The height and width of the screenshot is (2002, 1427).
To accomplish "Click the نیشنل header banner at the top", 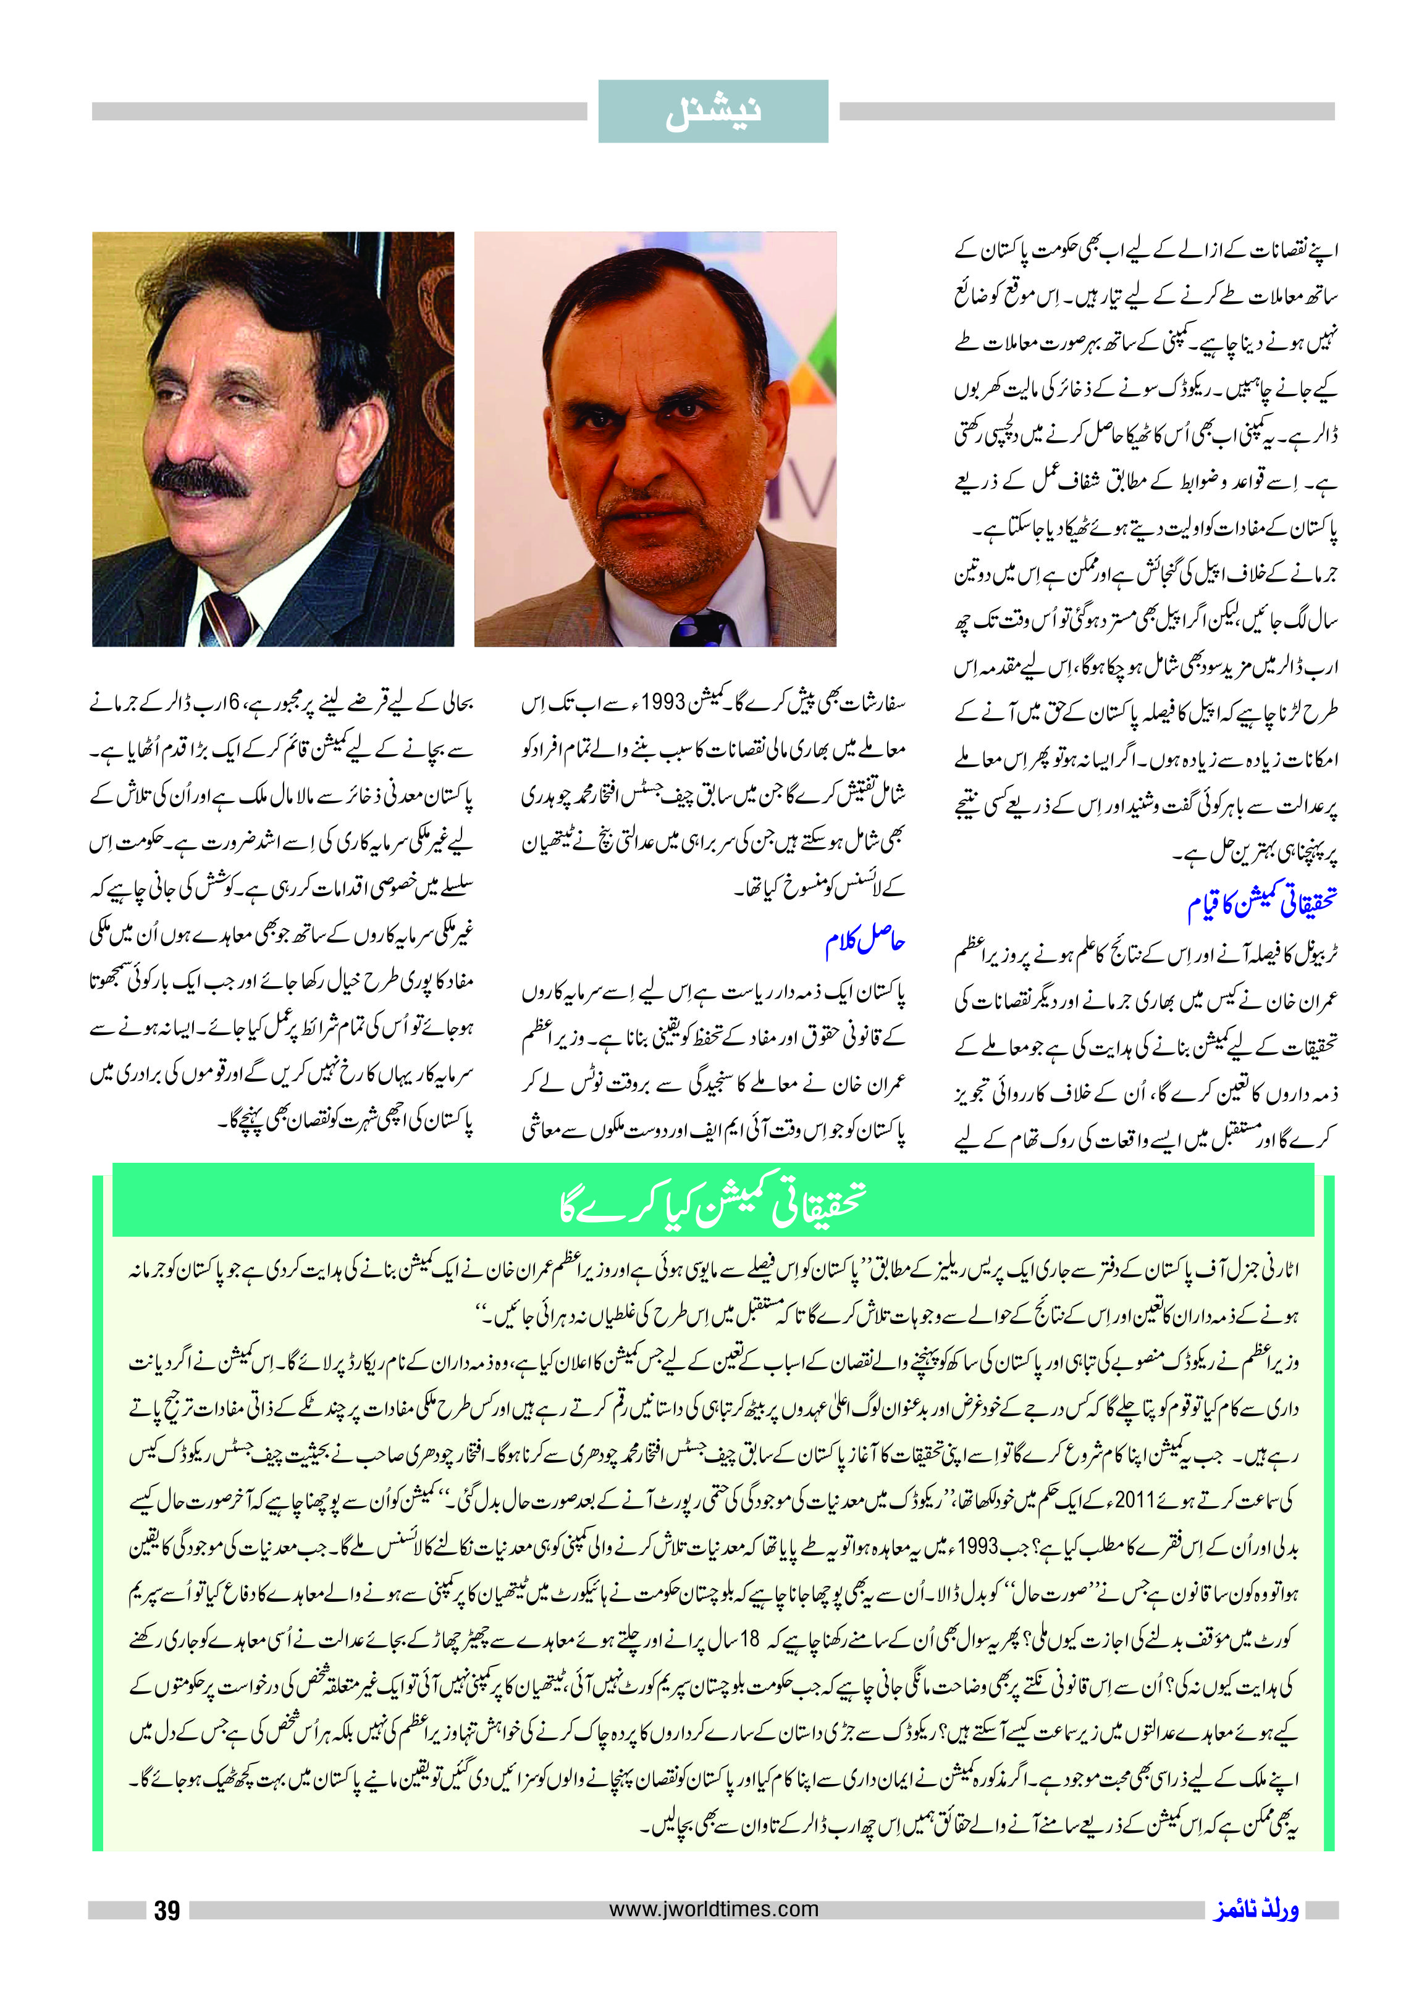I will pos(713,112).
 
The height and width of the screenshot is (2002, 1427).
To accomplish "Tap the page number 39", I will pos(167,1911).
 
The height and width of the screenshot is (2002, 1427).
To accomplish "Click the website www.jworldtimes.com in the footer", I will pos(713,1909).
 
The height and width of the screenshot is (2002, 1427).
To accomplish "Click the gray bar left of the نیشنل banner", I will pos(339,112).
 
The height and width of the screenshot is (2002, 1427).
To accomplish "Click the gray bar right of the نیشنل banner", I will pos(1087,112).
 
